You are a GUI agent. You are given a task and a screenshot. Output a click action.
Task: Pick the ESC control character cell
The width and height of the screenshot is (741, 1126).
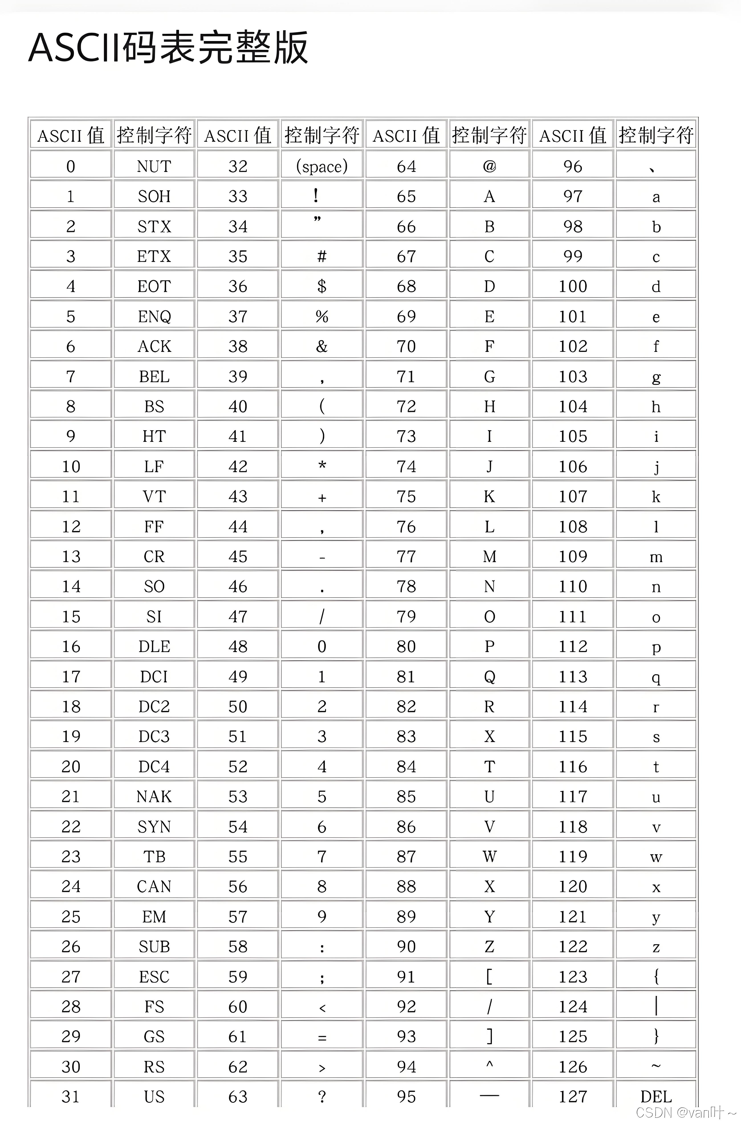click(x=154, y=976)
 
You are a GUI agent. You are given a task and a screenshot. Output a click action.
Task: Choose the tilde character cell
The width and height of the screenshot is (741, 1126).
click(x=656, y=1066)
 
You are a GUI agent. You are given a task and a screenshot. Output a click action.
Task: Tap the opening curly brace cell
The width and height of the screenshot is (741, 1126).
click(x=656, y=976)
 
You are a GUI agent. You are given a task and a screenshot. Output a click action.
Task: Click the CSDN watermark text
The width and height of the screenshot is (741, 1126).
click(x=686, y=1112)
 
